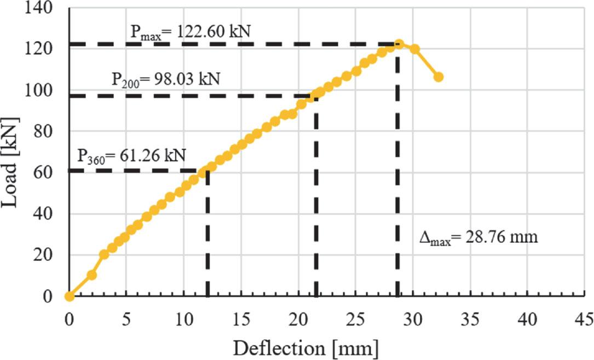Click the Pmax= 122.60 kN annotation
click(190, 31)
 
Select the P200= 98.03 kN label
click(166, 80)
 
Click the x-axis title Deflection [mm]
click(305, 347)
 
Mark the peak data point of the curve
click(399, 44)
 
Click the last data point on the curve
click(439, 77)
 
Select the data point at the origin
click(69, 296)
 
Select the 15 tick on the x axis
click(241, 318)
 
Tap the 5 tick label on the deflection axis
click(126, 318)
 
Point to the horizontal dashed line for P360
click(137, 171)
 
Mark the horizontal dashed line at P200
click(192, 96)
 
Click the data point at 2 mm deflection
click(92, 275)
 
